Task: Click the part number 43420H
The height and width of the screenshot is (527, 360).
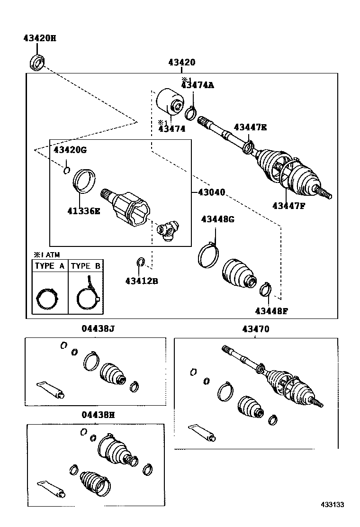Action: pyautogui.click(x=40, y=38)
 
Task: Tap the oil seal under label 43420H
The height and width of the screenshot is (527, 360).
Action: pyautogui.click(x=37, y=63)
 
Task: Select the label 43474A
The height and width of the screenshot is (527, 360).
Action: pyautogui.click(x=198, y=85)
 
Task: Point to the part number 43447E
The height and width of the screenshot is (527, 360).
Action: pyautogui.click(x=250, y=127)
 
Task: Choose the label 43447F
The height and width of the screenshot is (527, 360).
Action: pyautogui.click(x=289, y=206)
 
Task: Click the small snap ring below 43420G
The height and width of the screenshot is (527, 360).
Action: pyautogui.click(x=67, y=170)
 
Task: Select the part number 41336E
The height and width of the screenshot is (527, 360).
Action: pyautogui.click(x=84, y=211)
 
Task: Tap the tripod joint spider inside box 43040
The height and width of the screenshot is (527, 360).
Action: pyautogui.click(x=168, y=230)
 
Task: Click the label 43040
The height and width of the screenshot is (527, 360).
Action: pyautogui.click(x=211, y=192)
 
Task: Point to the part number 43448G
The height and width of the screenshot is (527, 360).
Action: pyautogui.click(x=217, y=219)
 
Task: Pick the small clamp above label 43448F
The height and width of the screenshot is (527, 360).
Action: pyautogui.click(x=266, y=289)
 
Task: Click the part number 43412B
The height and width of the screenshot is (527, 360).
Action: pyautogui.click(x=141, y=281)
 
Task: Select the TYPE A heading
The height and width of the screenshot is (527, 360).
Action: pyautogui.click(x=50, y=266)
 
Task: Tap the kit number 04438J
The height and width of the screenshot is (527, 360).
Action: pyautogui.click(x=98, y=328)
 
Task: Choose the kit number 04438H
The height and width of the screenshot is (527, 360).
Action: pyautogui.click(x=98, y=415)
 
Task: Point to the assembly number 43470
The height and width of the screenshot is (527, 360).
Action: pyautogui.click(x=256, y=329)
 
